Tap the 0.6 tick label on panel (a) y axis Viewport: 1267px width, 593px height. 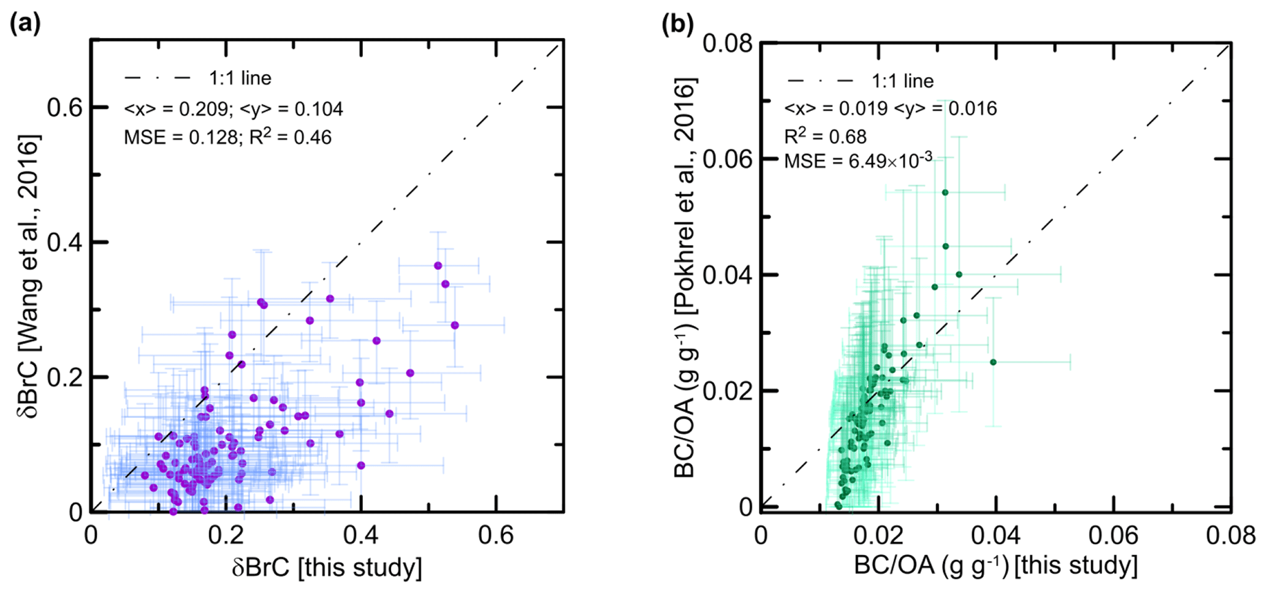click(x=64, y=108)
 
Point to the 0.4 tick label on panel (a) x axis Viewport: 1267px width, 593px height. click(x=360, y=536)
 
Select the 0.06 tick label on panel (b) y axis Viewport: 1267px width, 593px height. click(x=728, y=159)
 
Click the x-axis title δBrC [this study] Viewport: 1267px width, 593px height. click(x=327, y=567)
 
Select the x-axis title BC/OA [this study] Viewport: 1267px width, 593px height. click(x=995, y=565)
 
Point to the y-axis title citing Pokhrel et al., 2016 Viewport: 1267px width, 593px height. click(x=685, y=279)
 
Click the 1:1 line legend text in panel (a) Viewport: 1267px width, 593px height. click(x=240, y=78)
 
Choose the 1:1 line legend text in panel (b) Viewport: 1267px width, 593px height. click(x=902, y=81)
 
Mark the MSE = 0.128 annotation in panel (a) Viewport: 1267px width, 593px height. click(x=180, y=137)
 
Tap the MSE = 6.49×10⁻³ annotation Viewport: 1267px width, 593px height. click(x=858, y=161)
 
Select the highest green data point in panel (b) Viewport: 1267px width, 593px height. click(x=945, y=192)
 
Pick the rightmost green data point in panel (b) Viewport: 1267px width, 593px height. click(x=993, y=362)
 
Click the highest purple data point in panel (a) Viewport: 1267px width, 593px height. click(x=438, y=265)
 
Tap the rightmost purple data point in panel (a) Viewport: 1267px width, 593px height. click(x=454, y=325)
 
